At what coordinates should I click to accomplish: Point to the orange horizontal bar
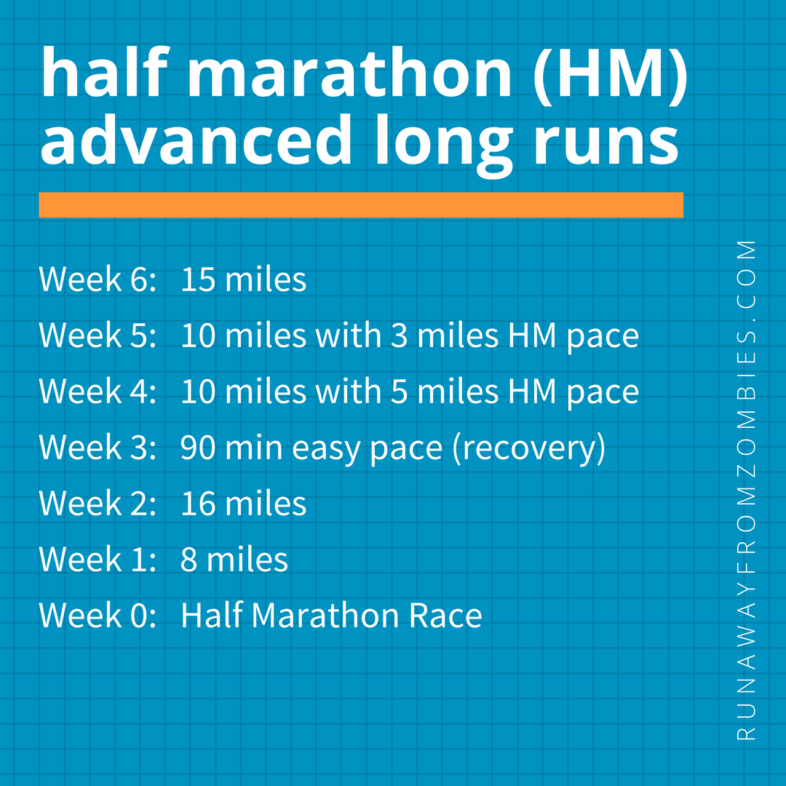click(361, 205)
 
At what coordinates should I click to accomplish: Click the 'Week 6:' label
click(98, 280)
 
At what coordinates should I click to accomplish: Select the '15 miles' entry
click(243, 280)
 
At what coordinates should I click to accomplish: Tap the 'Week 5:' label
click(98, 336)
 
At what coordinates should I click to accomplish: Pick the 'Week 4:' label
click(98, 392)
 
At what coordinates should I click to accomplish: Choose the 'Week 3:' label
click(98, 448)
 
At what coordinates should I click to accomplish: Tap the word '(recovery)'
click(529, 448)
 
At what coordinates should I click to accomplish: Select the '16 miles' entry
click(243, 504)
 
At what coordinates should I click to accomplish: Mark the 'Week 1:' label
click(98, 560)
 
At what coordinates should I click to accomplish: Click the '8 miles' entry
click(234, 560)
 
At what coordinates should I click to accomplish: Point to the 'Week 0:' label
click(98, 616)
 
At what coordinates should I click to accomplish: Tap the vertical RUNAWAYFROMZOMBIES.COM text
click(747, 491)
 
